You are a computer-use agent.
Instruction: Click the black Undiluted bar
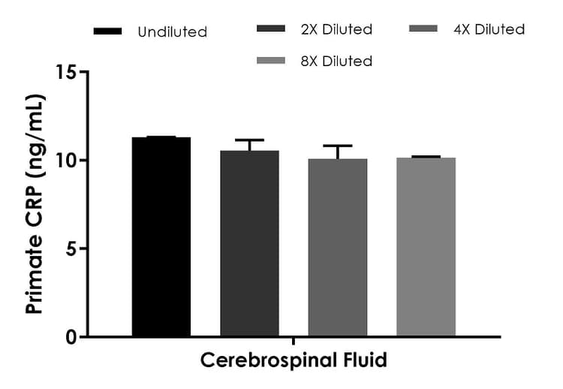click(x=161, y=237)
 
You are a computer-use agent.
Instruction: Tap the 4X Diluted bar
click(x=338, y=247)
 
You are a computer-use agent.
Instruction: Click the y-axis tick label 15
click(x=66, y=73)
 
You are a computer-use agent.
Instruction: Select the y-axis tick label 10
click(x=66, y=161)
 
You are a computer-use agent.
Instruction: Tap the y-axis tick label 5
click(x=71, y=249)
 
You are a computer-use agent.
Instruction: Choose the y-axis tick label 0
click(x=71, y=336)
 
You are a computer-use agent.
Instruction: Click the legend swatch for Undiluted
click(x=108, y=32)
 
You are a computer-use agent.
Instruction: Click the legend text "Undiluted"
click(x=172, y=32)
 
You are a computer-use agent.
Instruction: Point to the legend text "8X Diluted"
click(x=336, y=61)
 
